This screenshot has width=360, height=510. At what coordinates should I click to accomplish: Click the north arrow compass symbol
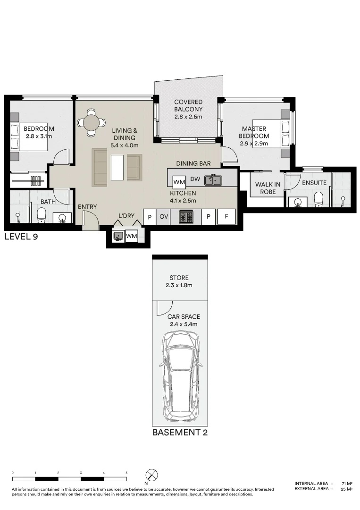point(151,475)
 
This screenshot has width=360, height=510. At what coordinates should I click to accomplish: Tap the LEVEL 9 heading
point(21,237)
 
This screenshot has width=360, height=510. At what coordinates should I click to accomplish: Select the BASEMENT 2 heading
point(180,432)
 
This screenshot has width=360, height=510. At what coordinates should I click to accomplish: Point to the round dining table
point(91,123)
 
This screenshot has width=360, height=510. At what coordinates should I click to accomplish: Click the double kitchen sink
point(213,180)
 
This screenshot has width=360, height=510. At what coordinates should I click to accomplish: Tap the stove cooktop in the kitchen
point(186,217)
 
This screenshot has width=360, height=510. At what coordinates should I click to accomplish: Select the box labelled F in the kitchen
point(226,217)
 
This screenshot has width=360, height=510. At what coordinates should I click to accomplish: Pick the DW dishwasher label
point(195,179)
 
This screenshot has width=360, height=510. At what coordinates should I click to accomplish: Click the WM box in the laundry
point(132,236)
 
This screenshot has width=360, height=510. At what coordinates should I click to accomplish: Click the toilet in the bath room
point(42,215)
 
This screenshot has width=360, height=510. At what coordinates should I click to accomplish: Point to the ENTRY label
point(87,207)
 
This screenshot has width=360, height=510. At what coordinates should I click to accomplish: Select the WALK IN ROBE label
point(268,188)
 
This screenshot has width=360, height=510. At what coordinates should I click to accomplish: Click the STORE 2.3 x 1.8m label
point(180,281)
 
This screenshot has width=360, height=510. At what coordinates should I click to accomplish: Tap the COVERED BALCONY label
point(188,109)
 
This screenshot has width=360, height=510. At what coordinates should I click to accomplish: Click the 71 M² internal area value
point(347,484)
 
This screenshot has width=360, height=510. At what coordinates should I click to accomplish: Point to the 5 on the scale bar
point(126,472)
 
